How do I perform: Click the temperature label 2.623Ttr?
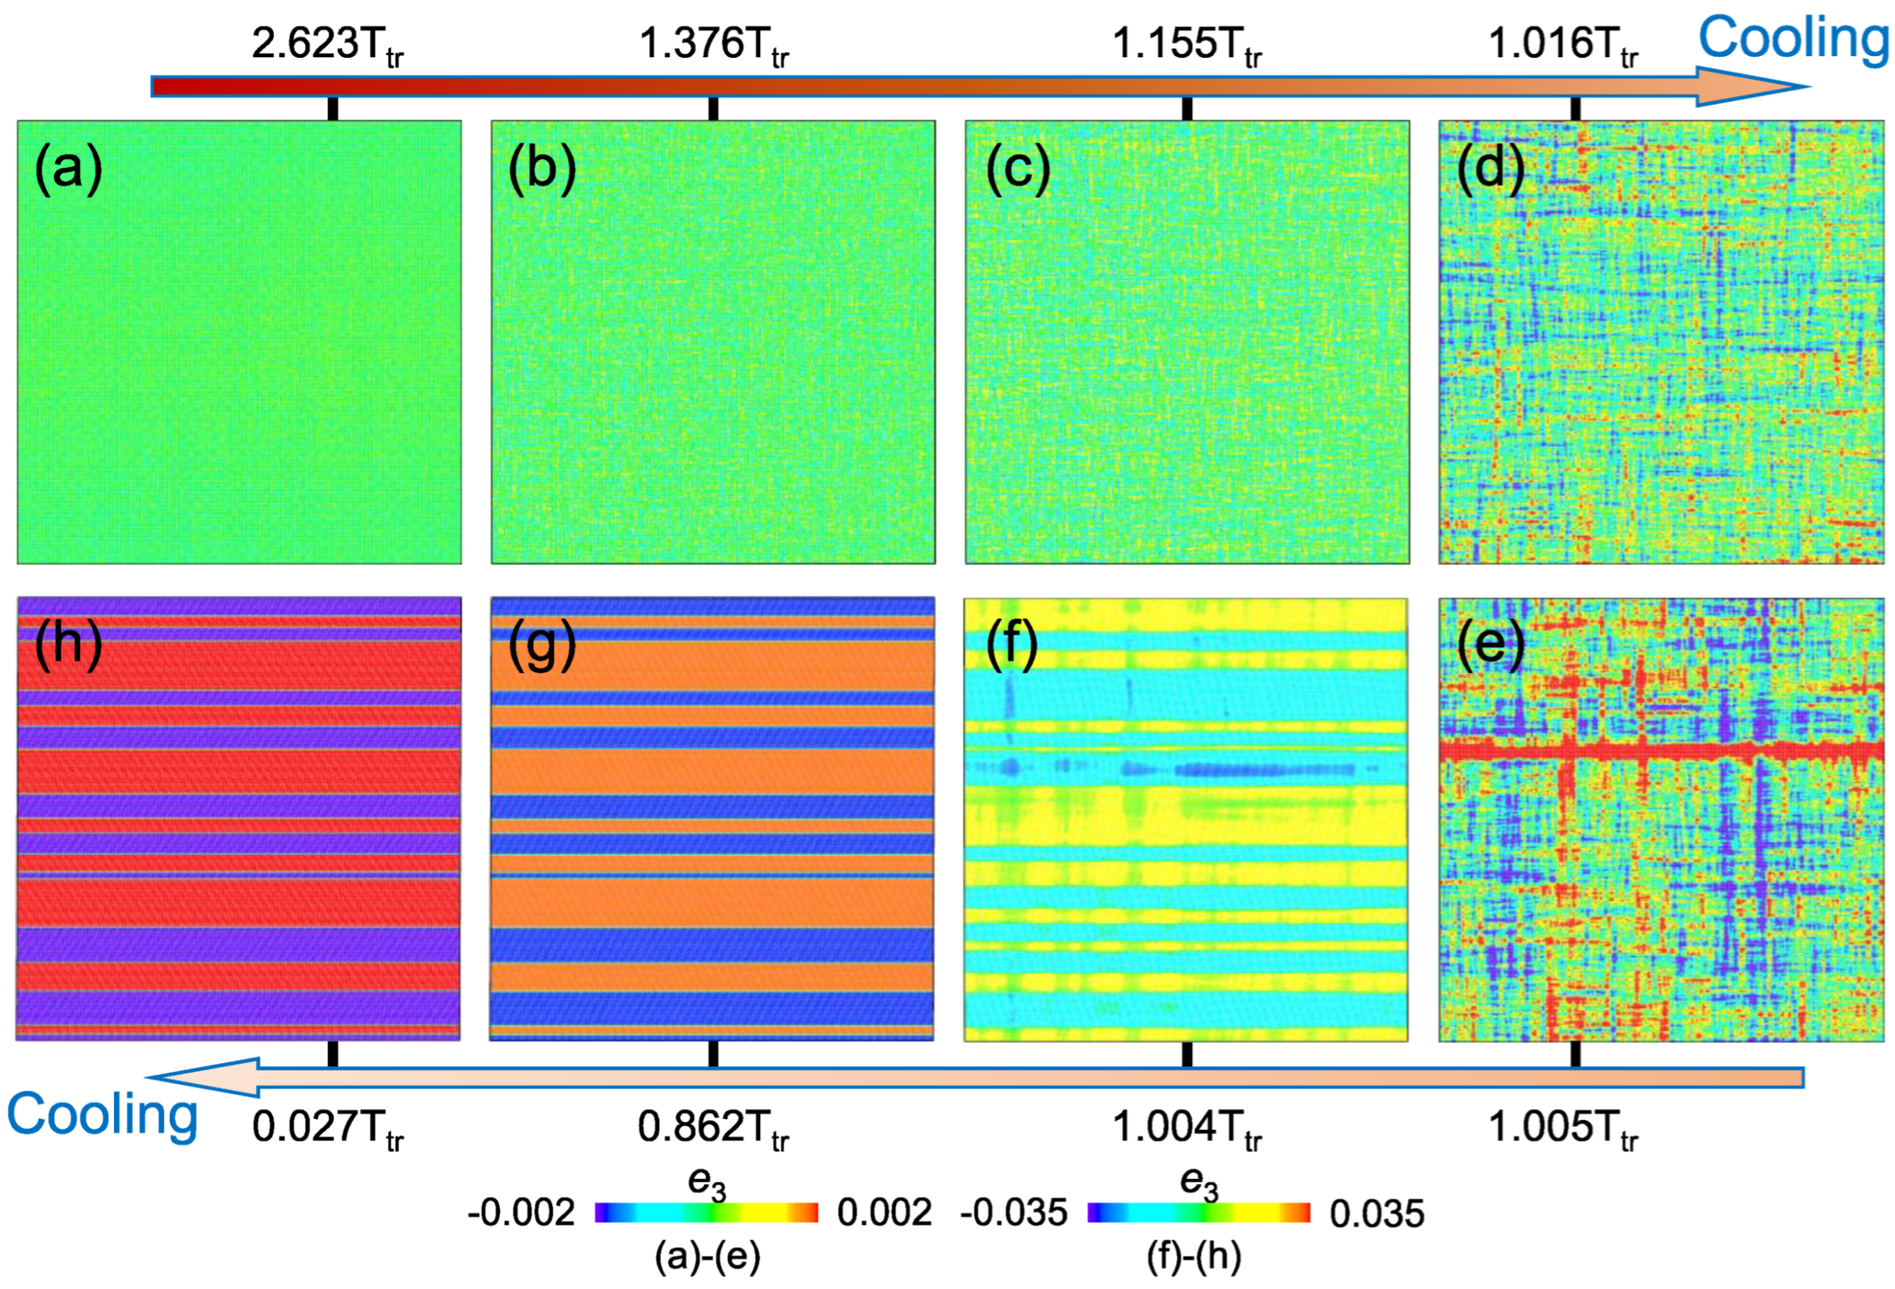(x=327, y=45)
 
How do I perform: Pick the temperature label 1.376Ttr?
(x=714, y=45)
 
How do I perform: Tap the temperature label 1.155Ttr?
(x=1187, y=45)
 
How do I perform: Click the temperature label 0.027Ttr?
(x=327, y=1129)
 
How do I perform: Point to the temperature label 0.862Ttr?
(x=714, y=1129)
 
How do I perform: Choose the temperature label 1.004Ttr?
(x=1187, y=1129)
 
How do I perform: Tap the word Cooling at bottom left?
(x=103, y=1115)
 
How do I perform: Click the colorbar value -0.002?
(x=521, y=1213)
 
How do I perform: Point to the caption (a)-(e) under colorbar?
(x=707, y=1257)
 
